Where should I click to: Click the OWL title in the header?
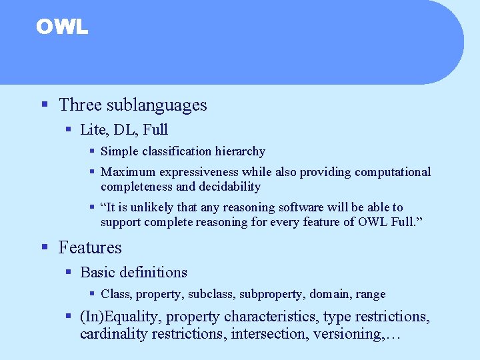(x=61, y=27)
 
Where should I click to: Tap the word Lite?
(x=91, y=129)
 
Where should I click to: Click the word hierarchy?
(x=240, y=152)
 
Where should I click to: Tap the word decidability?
(x=228, y=187)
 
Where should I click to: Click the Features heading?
(x=90, y=247)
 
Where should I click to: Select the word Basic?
(x=97, y=272)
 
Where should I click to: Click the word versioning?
(x=343, y=333)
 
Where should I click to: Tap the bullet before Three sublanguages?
(x=45, y=105)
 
